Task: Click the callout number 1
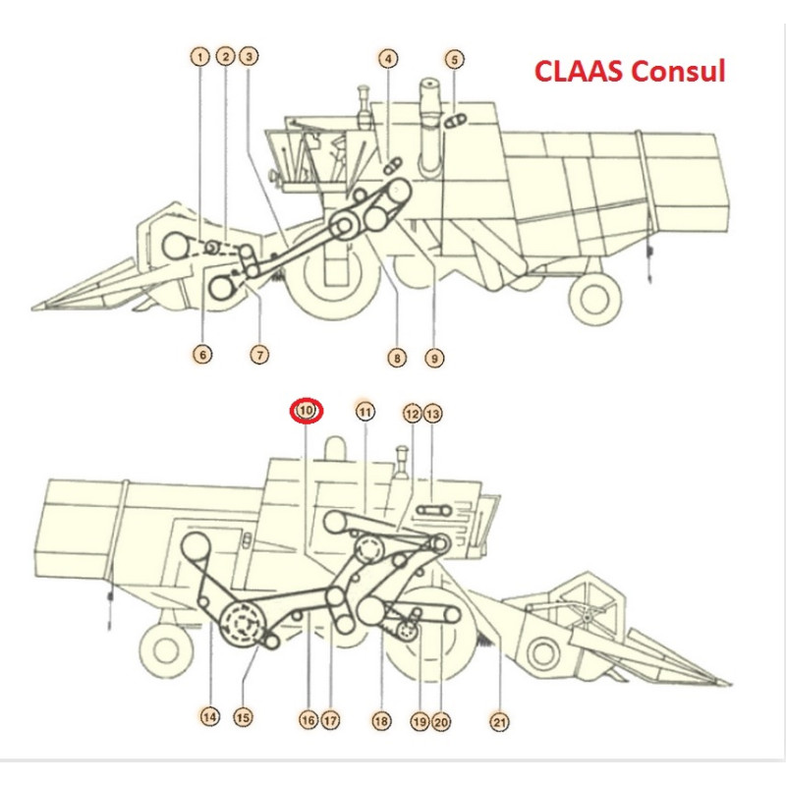click(200, 57)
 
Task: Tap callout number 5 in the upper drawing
click(454, 60)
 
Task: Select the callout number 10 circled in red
click(307, 411)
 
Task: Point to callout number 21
click(499, 722)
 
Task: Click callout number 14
click(209, 717)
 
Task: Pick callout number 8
click(397, 358)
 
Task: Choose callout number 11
click(365, 412)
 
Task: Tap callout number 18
click(381, 721)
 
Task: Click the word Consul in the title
click(678, 71)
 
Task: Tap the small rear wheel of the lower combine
click(166, 649)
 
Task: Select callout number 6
click(202, 355)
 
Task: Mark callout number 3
click(250, 56)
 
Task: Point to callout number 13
click(432, 414)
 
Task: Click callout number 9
click(434, 358)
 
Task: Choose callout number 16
click(309, 720)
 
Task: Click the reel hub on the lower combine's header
click(588, 618)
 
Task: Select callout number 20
click(440, 722)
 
